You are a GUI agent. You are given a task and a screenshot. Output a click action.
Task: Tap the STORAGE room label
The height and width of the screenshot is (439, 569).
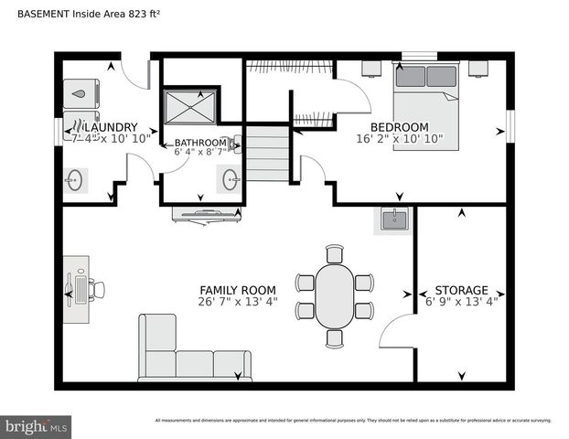click(x=461, y=290)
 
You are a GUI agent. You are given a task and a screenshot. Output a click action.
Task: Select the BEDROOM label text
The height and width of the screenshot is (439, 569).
click(x=399, y=127)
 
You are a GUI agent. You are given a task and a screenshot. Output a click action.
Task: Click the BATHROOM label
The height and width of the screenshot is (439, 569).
click(x=199, y=143)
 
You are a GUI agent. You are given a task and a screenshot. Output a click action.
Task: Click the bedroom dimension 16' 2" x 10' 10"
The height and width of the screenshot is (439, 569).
click(x=399, y=140)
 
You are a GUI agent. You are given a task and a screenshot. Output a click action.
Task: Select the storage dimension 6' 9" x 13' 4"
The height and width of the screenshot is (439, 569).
click(x=461, y=302)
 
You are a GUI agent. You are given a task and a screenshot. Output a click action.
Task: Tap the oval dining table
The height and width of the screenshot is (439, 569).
click(x=336, y=294)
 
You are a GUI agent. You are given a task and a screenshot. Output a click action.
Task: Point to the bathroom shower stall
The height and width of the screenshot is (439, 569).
click(x=190, y=106)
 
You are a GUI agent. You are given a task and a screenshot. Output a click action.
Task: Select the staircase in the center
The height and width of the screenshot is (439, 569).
click(x=268, y=154)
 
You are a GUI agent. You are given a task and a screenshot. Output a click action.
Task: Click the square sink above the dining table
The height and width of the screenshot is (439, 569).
click(x=394, y=219)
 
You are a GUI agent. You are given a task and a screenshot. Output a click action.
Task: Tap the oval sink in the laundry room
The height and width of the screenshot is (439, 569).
click(x=76, y=180)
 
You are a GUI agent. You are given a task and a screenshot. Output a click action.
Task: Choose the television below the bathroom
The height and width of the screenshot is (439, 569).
click(x=207, y=215)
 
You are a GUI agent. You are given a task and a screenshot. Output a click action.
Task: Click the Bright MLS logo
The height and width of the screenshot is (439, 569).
click(x=36, y=426)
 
